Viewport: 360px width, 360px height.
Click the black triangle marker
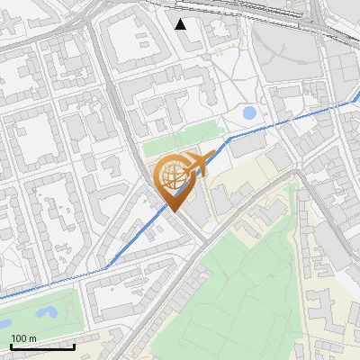pos(181,23)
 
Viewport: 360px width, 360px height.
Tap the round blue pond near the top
pos(248,113)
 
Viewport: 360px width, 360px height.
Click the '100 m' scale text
pos(24,338)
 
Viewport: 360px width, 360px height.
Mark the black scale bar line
pos(41,346)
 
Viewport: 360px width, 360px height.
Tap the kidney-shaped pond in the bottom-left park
pos(45,313)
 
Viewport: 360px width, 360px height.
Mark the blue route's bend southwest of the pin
pos(107,266)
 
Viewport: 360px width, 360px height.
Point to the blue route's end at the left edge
pos(3,296)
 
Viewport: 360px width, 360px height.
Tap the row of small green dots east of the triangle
pos(216,54)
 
